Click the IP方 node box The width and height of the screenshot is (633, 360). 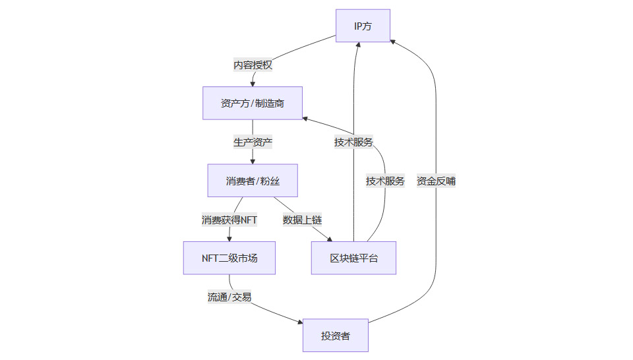click(x=363, y=26)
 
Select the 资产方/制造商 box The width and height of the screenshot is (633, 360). click(x=252, y=104)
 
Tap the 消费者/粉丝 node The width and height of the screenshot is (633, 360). click(x=252, y=181)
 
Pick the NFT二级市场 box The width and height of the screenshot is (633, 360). click(x=229, y=258)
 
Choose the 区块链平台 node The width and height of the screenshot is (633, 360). click(x=353, y=258)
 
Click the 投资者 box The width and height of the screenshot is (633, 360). click(x=335, y=336)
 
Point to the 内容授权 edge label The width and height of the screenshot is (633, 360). click(x=253, y=65)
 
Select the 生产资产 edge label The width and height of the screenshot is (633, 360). click(x=253, y=142)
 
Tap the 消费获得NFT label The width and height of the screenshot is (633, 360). click(x=229, y=220)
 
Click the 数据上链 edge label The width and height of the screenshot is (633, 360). click(x=302, y=220)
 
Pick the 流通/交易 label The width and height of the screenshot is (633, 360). click(x=229, y=297)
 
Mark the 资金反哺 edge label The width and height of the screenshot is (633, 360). click(x=436, y=181)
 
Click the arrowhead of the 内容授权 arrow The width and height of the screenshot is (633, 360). click(x=253, y=83)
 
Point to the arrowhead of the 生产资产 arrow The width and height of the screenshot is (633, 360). click(x=253, y=161)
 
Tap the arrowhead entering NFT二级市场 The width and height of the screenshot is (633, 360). click(x=229, y=238)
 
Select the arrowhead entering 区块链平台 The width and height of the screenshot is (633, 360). click(x=328, y=238)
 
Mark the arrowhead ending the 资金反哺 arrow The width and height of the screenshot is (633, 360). click(x=393, y=41)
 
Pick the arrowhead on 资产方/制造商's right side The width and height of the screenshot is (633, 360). click(x=306, y=118)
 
